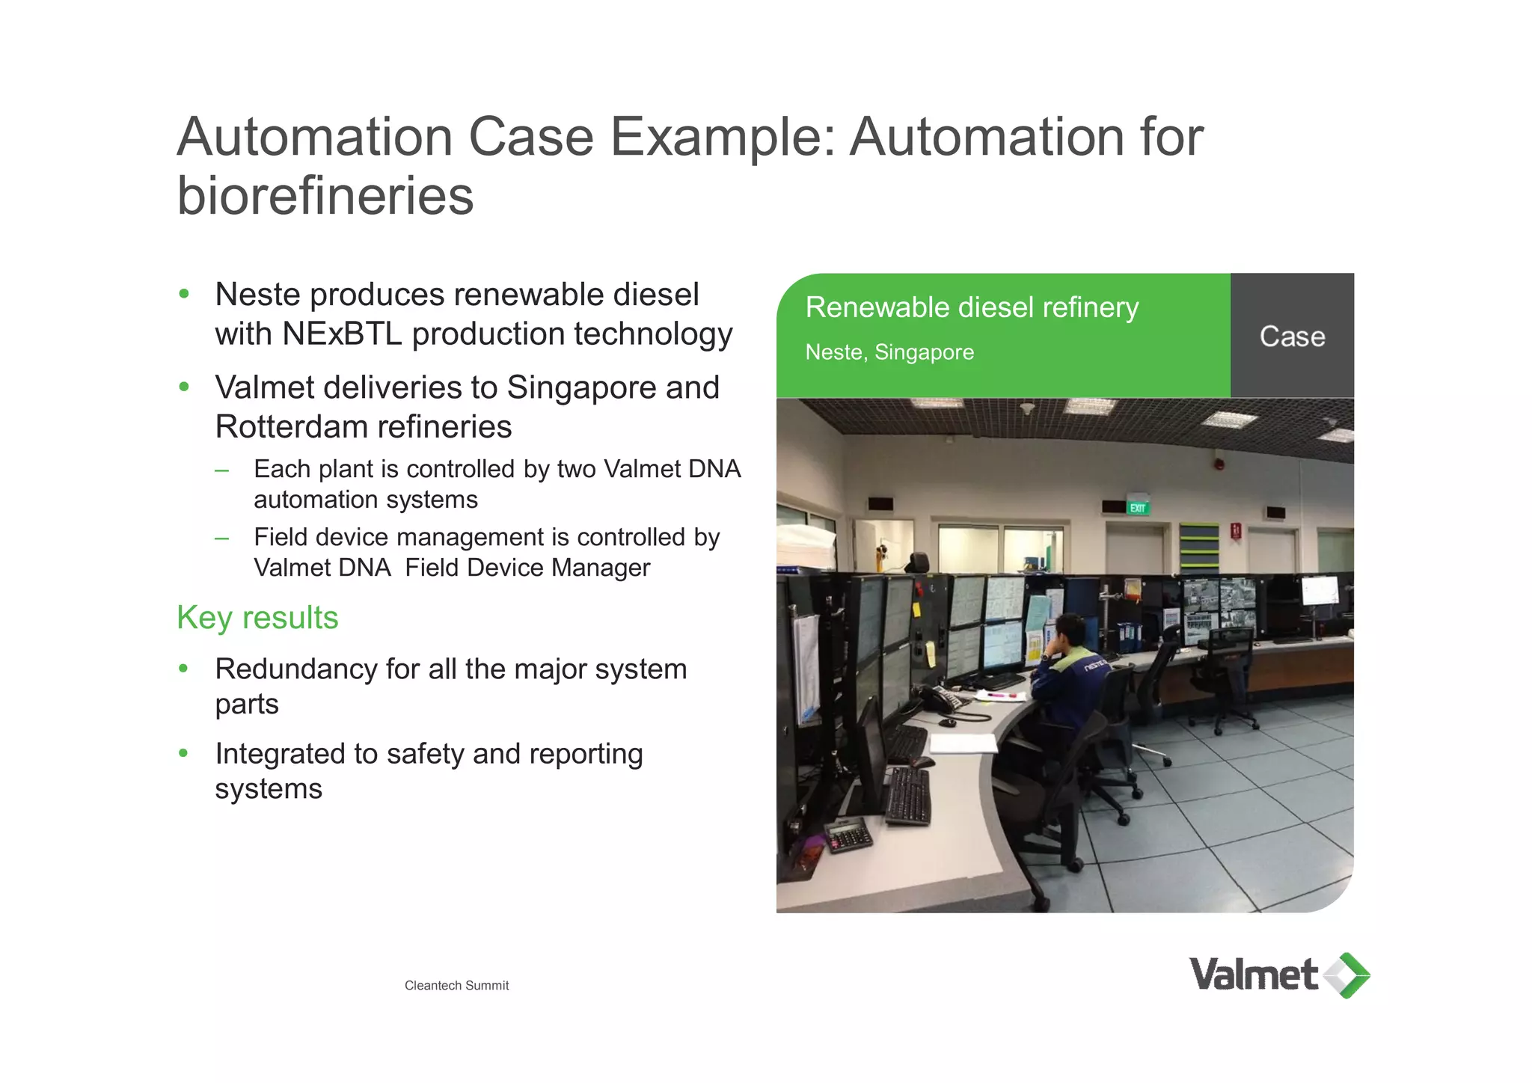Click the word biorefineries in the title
(325, 196)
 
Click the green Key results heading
(257, 618)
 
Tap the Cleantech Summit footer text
(456, 986)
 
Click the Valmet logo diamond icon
(1347, 975)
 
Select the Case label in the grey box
(1292, 337)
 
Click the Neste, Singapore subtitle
(889, 352)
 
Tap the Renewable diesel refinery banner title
(972, 307)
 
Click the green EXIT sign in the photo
(1137, 509)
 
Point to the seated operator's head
(1068, 632)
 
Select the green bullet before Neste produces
(184, 294)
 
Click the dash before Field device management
(221, 538)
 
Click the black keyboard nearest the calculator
(908, 797)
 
